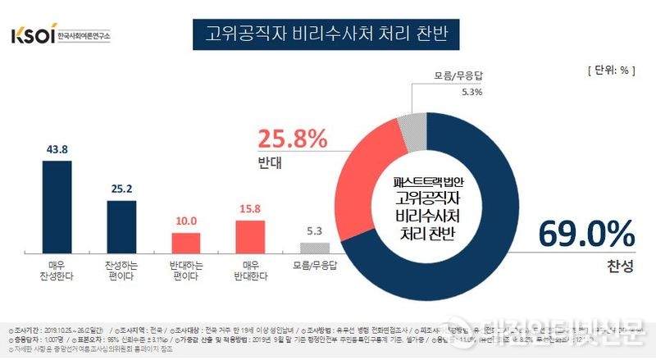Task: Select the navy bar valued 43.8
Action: point(57,207)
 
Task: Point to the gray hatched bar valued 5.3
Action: point(314,248)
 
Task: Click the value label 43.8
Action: point(57,148)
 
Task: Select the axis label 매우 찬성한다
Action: point(57,271)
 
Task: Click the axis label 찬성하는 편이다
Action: point(121,271)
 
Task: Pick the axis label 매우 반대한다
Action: point(249,271)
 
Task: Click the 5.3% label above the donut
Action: point(449,92)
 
